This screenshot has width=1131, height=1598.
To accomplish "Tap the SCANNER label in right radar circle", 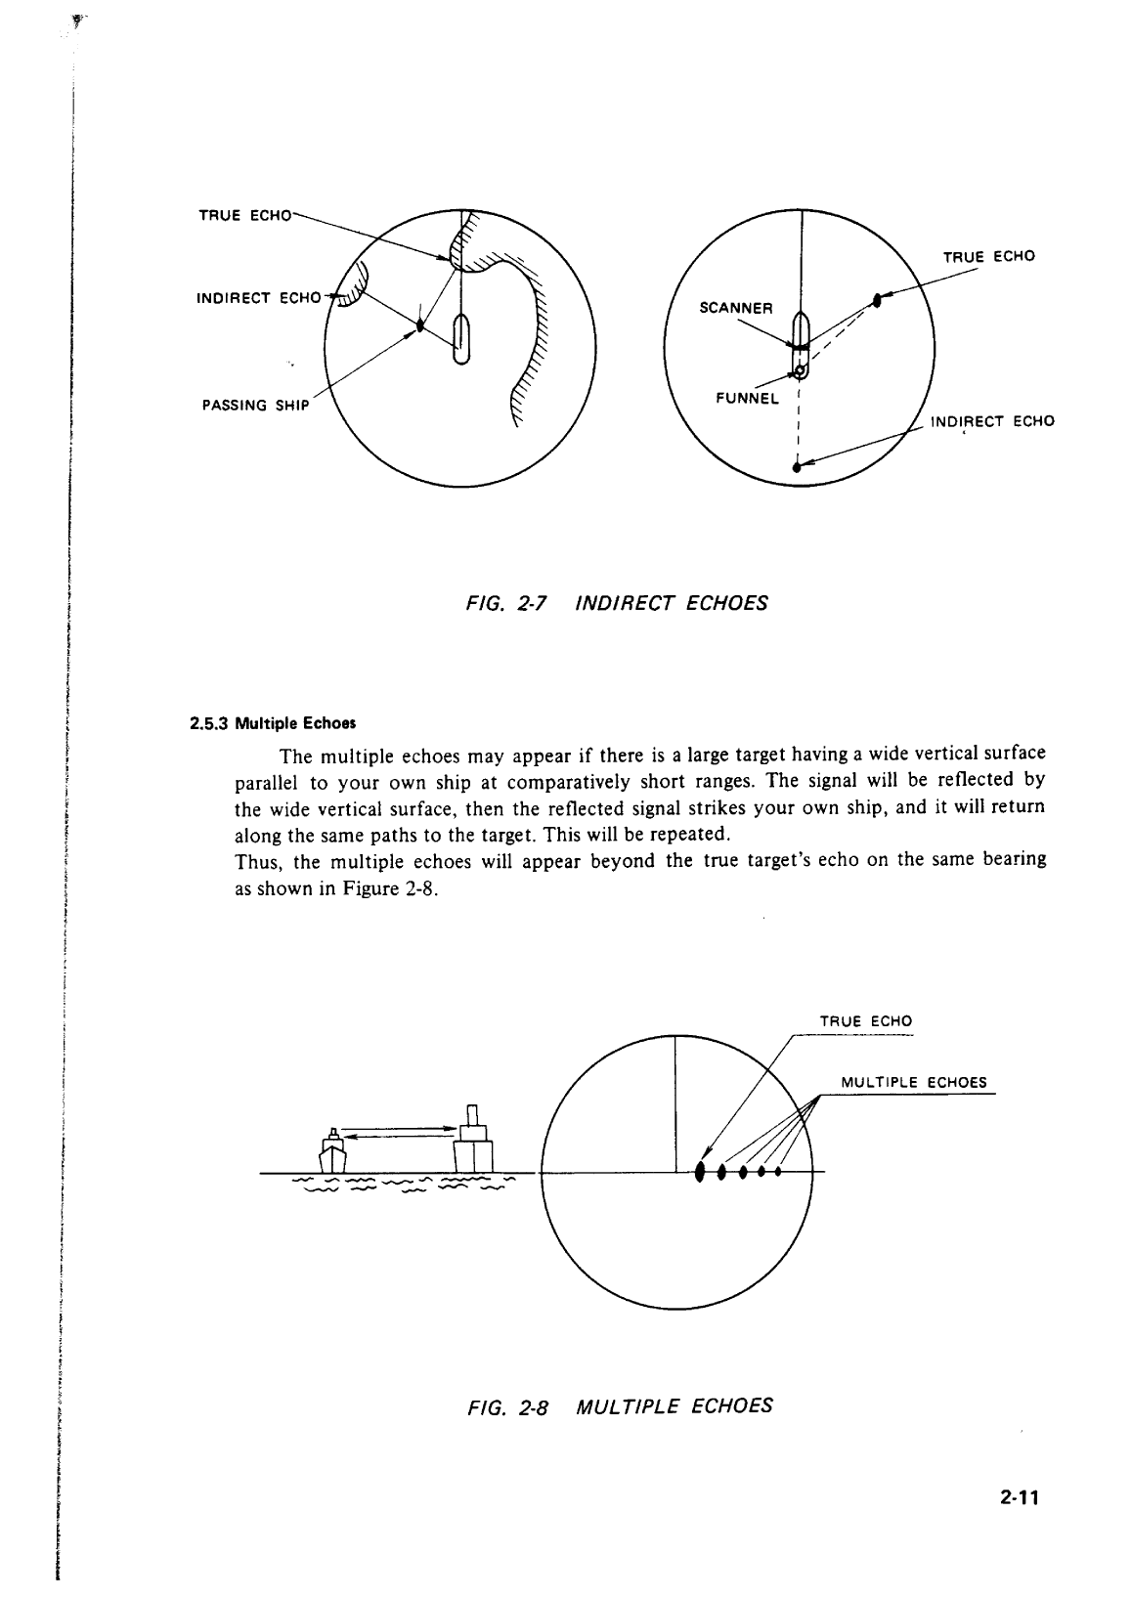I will coord(736,308).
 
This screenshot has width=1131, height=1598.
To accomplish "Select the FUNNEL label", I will coord(748,399).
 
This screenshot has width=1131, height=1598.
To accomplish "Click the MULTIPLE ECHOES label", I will coord(914,1082).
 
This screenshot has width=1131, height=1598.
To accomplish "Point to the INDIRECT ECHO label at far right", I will coord(992,421).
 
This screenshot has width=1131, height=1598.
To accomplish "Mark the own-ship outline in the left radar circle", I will coord(462,338).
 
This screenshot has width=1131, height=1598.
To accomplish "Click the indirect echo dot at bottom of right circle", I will coord(798,468).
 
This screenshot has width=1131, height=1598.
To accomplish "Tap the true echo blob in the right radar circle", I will coord(878,300).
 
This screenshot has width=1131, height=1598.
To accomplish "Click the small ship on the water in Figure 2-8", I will coord(333,1153).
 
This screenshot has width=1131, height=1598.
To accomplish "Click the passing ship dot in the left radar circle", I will coord(419,324).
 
